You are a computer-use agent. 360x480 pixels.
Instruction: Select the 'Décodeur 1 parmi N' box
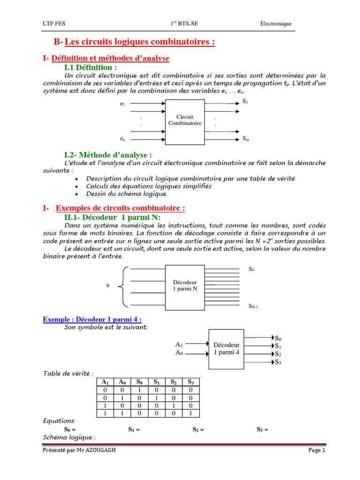(185, 286)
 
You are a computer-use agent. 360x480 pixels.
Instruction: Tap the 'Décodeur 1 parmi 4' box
(226, 349)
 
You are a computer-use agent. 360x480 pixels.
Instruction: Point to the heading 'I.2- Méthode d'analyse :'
(108, 155)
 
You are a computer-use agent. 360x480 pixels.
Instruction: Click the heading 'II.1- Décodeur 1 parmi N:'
(112, 217)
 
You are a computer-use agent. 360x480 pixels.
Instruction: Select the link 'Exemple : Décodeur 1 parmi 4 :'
(92, 319)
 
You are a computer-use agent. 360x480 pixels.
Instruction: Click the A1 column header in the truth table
(105, 382)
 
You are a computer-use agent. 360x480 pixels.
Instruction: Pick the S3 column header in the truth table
(190, 382)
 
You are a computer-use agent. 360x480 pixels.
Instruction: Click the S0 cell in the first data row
(139, 390)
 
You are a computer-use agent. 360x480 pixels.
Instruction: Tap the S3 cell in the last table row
(190, 413)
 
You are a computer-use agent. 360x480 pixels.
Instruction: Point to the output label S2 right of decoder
(278, 354)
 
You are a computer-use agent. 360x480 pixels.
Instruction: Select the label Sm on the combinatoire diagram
(246, 139)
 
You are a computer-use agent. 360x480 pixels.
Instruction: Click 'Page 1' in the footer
(316, 450)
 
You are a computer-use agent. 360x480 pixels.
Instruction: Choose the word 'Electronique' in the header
(276, 23)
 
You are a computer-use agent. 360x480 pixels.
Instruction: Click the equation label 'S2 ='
(198, 429)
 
